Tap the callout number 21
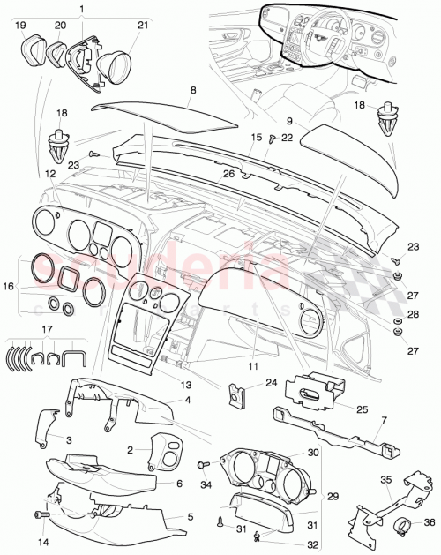(143, 26)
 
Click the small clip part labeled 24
(238, 393)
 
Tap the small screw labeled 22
(273, 137)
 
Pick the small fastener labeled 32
(256, 535)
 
